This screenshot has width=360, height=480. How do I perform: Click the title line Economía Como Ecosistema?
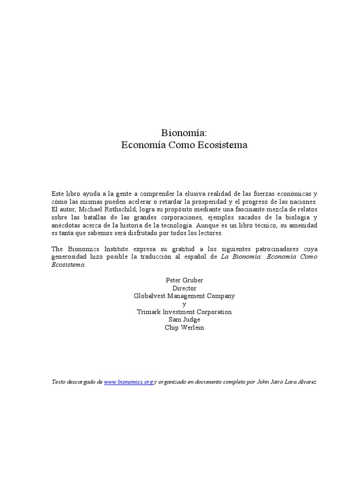(x=184, y=145)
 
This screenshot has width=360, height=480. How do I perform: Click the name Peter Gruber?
(x=184, y=280)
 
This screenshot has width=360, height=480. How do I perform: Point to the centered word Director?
(x=184, y=288)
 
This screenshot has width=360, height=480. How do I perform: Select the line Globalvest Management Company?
(x=184, y=296)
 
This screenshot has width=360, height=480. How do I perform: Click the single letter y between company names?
(x=184, y=304)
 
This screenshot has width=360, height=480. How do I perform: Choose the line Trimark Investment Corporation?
(x=184, y=312)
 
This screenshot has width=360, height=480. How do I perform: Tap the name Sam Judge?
(x=184, y=320)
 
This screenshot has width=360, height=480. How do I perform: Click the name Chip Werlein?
(x=184, y=328)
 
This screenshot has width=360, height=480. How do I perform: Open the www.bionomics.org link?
(x=128, y=382)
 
